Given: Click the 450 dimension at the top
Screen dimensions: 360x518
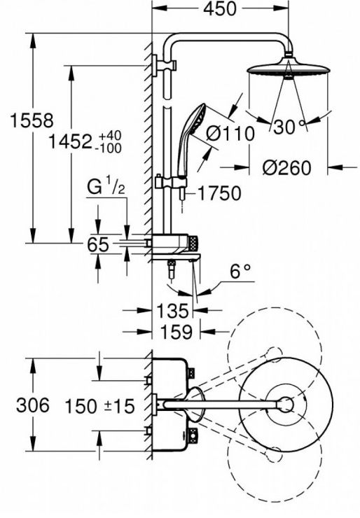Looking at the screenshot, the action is click(220, 9).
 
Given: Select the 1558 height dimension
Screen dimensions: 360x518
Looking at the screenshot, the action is click(32, 120).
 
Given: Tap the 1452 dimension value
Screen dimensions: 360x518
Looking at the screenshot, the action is click(70, 141).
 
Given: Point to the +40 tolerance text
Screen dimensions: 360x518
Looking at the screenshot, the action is click(110, 135).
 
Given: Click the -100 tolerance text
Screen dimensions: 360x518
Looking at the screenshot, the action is click(108, 148).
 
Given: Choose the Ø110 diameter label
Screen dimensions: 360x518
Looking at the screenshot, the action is click(230, 134).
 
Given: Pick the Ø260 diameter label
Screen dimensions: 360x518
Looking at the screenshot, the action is click(287, 168).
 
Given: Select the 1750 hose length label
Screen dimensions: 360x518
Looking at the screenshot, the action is click(219, 193).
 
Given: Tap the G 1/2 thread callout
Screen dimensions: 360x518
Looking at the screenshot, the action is click(106, 188).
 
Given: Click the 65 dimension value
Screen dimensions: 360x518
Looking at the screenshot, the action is click(98, 245).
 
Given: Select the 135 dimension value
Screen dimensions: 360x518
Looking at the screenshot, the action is click(172, 311).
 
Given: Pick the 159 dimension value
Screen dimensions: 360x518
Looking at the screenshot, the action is click(176, 332).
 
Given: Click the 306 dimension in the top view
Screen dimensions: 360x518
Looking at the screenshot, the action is click(33, 405).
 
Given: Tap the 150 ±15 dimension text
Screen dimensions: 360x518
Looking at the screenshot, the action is click(100, 406).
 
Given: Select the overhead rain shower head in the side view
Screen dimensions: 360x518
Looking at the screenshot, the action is click(289, 69).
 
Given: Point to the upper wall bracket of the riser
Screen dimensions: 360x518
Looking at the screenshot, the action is click(165, 65).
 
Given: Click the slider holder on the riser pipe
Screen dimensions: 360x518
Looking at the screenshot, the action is click(171, 183).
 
